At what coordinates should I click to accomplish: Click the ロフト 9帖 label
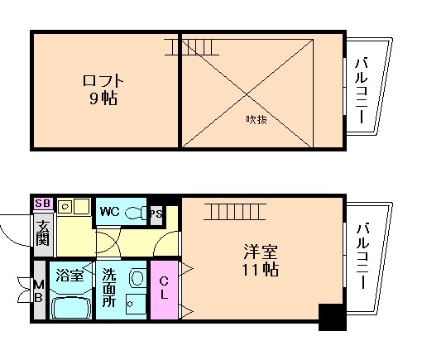click(103, 89)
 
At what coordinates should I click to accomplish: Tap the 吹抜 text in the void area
click(257, 118)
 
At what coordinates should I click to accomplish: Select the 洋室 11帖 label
click(260, 260)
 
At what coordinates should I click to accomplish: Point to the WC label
click(109, 211)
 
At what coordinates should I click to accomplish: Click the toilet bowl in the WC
click(134, 213)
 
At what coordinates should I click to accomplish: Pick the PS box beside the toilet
click(155, 213)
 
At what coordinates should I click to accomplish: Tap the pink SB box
click(41, 203)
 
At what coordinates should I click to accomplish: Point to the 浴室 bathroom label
click(70, 276)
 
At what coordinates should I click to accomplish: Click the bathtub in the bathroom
click(71, 306)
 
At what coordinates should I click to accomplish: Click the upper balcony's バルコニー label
click(362, 89)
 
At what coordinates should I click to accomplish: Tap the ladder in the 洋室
click(234, 212)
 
